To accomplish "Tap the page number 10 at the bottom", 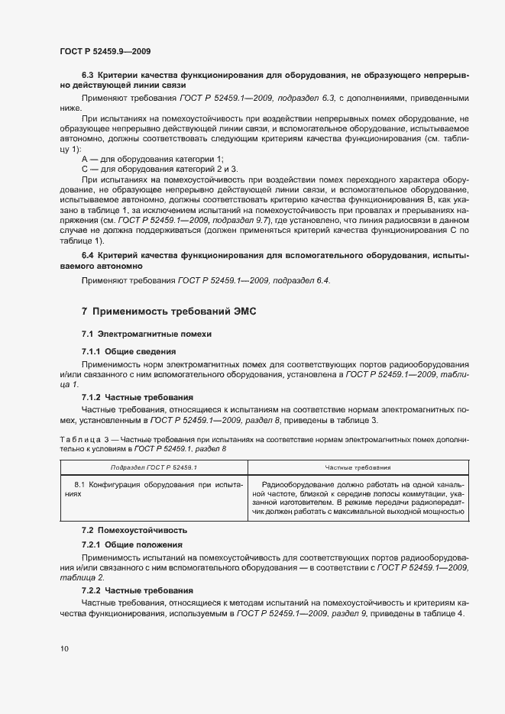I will (64, 649).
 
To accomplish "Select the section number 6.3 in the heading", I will (88, 76).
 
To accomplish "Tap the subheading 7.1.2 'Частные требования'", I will (137, 397).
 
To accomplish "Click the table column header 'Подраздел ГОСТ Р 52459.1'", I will (154, 466).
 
